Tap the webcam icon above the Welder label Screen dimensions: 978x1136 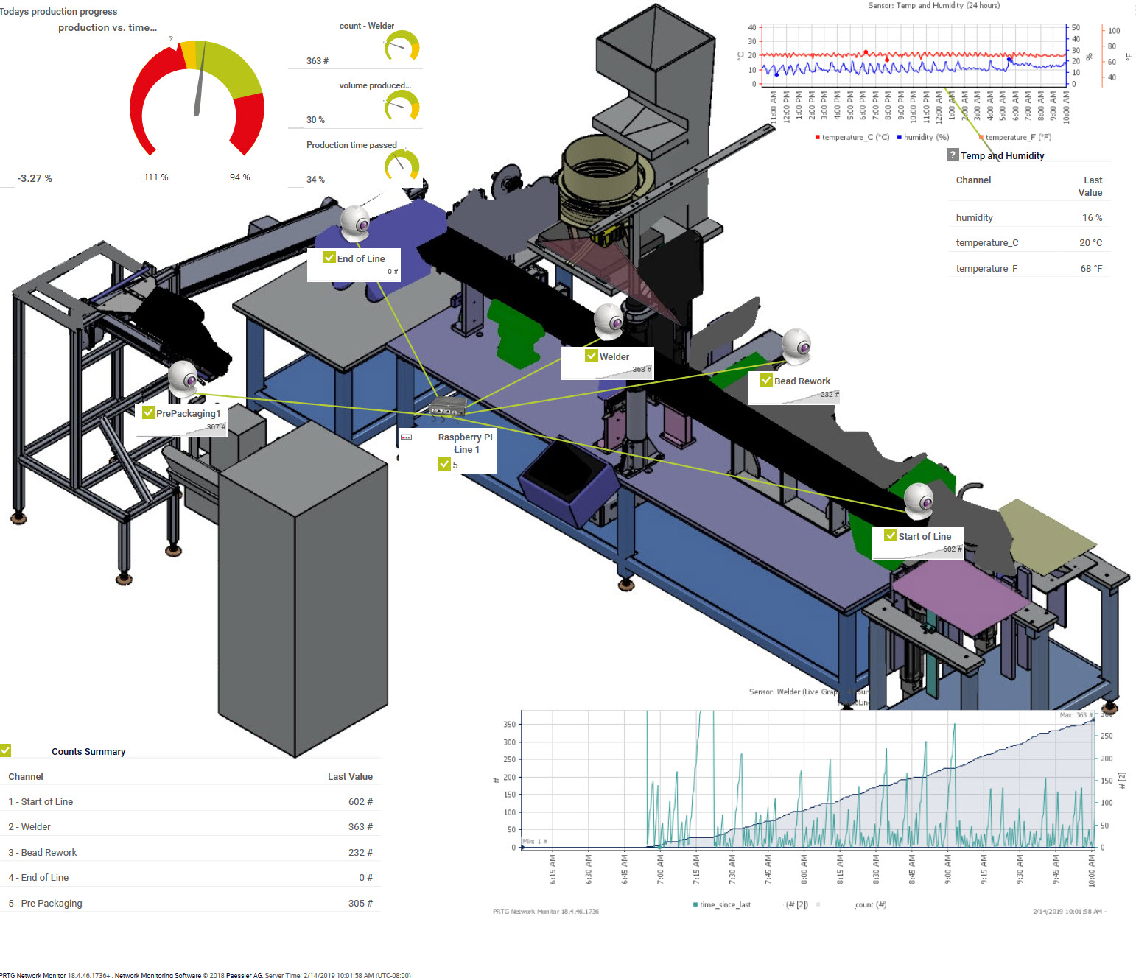click(609, 320)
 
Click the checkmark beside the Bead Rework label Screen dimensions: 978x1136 click(766, 381)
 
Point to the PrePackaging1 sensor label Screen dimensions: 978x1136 click(188, 413)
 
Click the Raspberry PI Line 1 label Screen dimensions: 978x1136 click(466, 443)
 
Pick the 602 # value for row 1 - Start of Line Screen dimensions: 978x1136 click(360, 802)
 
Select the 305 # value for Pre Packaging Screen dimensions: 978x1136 click(360, 904)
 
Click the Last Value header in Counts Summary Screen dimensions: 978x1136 click(350, 777)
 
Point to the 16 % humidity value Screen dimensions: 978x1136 click(1092, 218)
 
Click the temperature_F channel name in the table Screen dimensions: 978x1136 click(986, 269)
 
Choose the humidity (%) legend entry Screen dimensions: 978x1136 click(925, 137)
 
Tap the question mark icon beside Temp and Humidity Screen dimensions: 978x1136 click(953, 155)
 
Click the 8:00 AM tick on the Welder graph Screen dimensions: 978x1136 click(804, 869)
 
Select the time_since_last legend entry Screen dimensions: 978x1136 click(723, 905)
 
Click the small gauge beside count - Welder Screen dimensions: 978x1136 click(402, 46)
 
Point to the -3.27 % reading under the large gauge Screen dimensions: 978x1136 click(35, 178)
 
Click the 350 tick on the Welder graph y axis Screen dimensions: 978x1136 click(509, 725)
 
